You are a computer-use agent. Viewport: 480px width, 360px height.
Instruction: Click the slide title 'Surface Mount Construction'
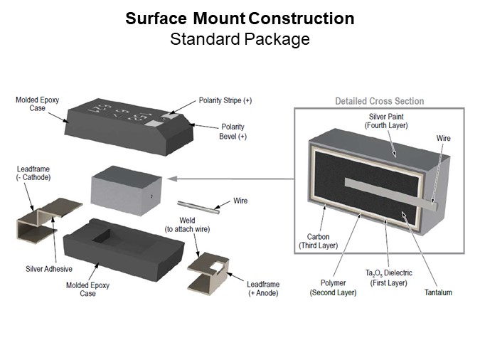pyautogui.click(x=240, y=18)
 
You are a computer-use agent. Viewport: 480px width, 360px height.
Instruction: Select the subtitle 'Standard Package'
pyautogui.click(x=240, y=38)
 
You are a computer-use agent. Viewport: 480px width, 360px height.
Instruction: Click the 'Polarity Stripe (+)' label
pyautogui.click(x=225, y=100)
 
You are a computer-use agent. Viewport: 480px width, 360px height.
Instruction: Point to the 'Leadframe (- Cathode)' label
pyautogui.click(x=33, y=173)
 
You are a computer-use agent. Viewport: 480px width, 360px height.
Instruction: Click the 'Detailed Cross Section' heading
pyautogui.click(x=379, y=101)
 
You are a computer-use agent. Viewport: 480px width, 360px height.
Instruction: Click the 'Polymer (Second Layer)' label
pyautogui.click(x=333, y=287)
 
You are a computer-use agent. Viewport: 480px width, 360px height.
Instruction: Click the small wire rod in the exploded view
pyautogui.click(x=196, y=206)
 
